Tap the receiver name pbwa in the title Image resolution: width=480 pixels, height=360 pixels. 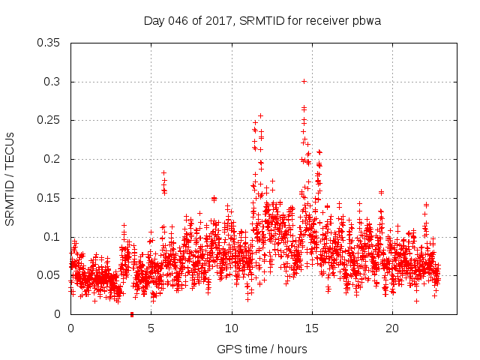click(366, 21)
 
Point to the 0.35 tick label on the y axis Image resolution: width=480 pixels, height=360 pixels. click(49, 43)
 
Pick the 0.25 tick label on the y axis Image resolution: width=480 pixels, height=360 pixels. click(49, 120)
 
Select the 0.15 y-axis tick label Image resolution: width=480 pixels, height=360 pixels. click(49, 198)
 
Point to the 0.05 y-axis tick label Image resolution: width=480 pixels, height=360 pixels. click(49, 275)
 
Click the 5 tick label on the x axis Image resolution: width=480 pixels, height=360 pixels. click(151, 328)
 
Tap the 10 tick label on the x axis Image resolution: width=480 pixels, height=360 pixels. click(232, 328)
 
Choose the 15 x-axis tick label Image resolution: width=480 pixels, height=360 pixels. click(312, 328)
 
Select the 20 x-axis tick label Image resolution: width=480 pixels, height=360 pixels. click(392, 328)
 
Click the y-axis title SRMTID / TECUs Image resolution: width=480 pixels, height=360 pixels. click(10, 179)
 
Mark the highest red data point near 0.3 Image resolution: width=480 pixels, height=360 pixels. click(304, 81)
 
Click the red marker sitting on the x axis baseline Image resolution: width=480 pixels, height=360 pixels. click(132, 313)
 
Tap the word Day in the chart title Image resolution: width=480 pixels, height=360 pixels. click(154, 21)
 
